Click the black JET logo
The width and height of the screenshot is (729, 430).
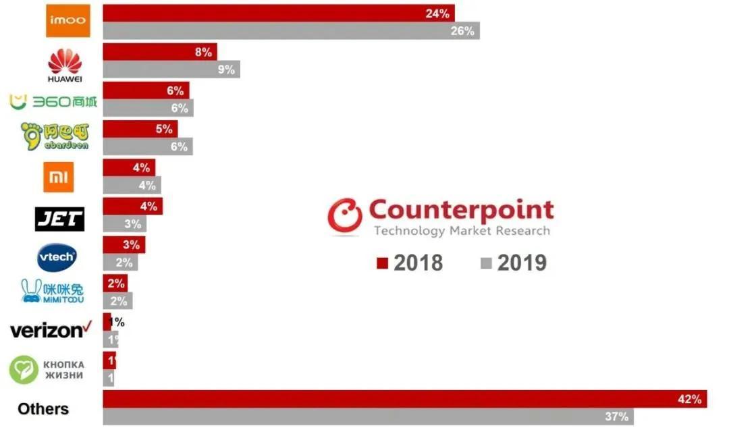point(59,218)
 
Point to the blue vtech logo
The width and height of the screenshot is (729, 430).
point(57,257)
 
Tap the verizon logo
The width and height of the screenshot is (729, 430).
point(51,331)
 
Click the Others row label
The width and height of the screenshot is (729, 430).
point(43,409)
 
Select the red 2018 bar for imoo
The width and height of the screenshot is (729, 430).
point(278,13)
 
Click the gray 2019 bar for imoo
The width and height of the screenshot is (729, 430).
point(290,30)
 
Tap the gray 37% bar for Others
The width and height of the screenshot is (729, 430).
point(368,416)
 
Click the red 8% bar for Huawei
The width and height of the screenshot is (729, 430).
point(159,52)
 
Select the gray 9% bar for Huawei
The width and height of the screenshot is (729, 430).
point(171,69)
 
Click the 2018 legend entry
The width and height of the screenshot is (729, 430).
point(410,263)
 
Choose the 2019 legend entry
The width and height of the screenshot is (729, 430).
point(513,263)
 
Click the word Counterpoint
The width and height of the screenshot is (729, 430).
point(461,210)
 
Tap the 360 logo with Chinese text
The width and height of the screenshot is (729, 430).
point(53,102)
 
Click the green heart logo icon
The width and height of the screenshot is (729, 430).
point(24,370)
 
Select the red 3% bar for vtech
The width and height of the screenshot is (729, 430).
point(124,244)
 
